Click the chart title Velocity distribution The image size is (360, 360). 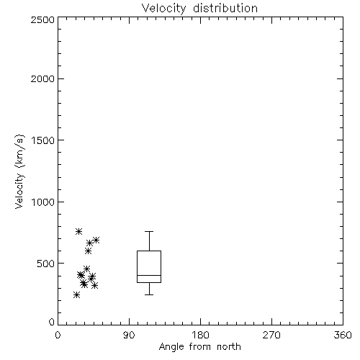pyautogui.click(x=199, y=9)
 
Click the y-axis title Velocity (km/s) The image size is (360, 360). pyautogui.click(x=19, y=171)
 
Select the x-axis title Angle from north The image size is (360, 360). pyautogui.click(x=200, y=346)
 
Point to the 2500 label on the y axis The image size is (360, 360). pyautogui.click(x=42, y=19)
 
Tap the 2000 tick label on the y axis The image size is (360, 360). pyautogui.click(x=42, y=78)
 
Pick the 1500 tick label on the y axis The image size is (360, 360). pyautogui.click(x=43, y=140)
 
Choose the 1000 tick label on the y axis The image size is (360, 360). pyautogui.click(x=43, y=202)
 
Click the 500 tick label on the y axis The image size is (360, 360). pyautogui.click(x=46, y=264)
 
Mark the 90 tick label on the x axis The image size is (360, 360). pyautogui.click(x=129, y=335)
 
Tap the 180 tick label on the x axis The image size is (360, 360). pyautogui.click(x=200, y=335)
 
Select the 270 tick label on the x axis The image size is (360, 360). pyautogui.click(x=271, y=335)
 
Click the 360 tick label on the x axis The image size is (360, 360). pyautogui.click(x=343, y=335)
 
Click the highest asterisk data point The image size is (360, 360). pyautogui.click(x=78, y=232)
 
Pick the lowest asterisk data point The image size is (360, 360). pyautogui.click(x=76, y=295)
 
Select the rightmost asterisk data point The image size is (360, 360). pyautogui.click(x=96, y=240)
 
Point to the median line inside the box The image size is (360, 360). pyautogui.click(x=149, y=275)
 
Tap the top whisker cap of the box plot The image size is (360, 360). pyautogui.click(x=149, y=231)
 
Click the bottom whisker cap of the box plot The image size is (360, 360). pyautogui.click(x=149, y=294)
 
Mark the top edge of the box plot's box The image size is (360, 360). pyautogui.click(x=149, y=251)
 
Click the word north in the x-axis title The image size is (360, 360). pyautogui.click(x=229, y=346)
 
